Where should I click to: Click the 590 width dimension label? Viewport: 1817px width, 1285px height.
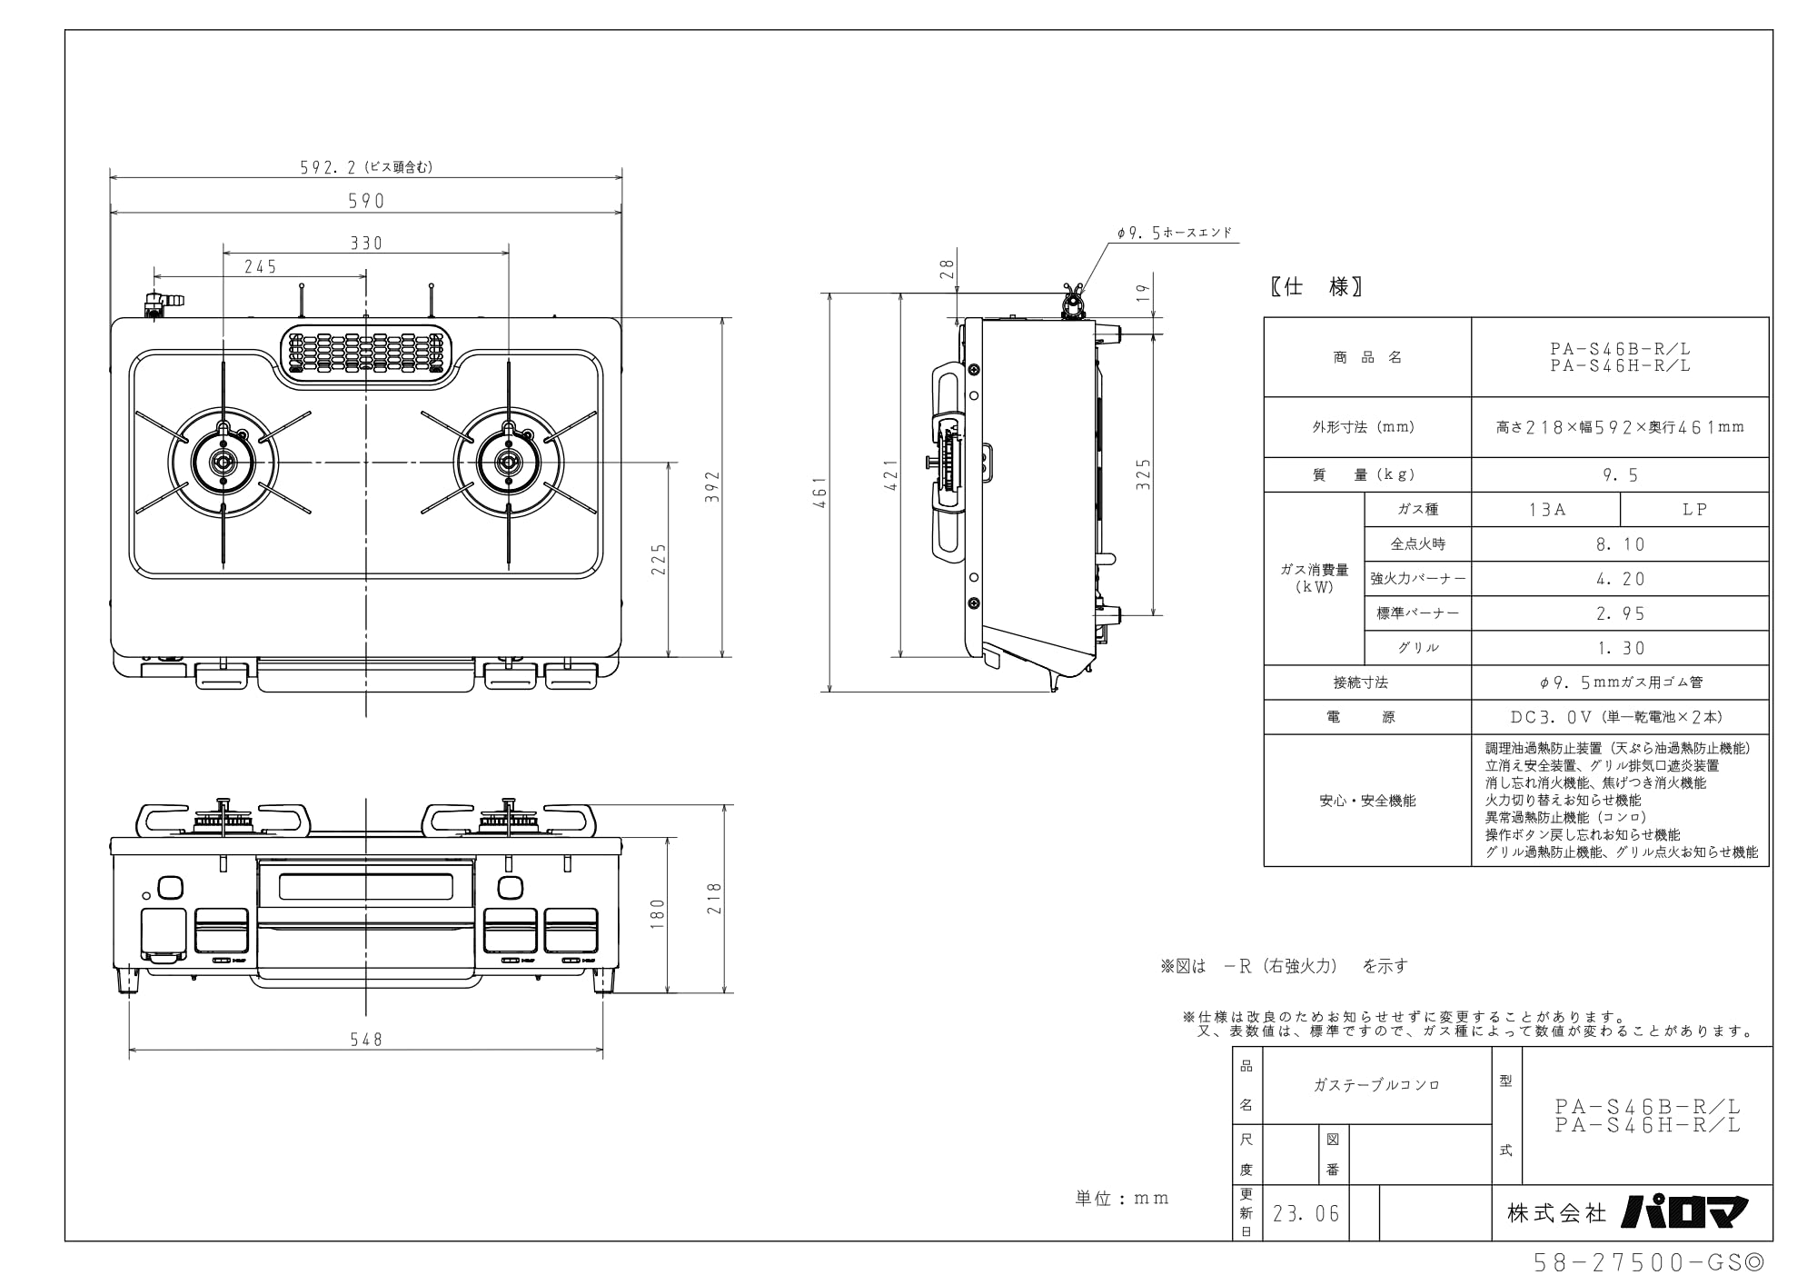pos(366,201)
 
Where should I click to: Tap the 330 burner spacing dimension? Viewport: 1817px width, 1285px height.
pos(366,243)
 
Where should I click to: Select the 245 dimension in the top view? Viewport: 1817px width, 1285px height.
pos(260,266)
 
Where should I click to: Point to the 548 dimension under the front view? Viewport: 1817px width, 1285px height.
pos(366,1039)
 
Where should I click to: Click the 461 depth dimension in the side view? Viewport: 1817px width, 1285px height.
pos(820,492)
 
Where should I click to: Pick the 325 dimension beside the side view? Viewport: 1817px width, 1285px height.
pos(1144,473)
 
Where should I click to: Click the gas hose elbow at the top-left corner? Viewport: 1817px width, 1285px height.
pos(160,302)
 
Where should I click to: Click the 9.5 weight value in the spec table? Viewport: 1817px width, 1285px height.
pos(1621,474)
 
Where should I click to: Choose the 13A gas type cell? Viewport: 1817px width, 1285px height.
pos(1546,510)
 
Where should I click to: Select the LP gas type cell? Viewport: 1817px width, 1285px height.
pos(1694,510)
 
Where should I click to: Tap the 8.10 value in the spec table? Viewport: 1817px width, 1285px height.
pos(1621,544)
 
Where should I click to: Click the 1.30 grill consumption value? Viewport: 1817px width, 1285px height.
pos(1621,648)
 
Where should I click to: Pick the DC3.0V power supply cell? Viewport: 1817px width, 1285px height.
pos(1621,717)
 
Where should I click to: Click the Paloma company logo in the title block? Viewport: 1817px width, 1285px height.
pos(1684,1211)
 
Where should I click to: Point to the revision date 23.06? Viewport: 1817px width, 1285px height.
pos(1306,1214)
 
